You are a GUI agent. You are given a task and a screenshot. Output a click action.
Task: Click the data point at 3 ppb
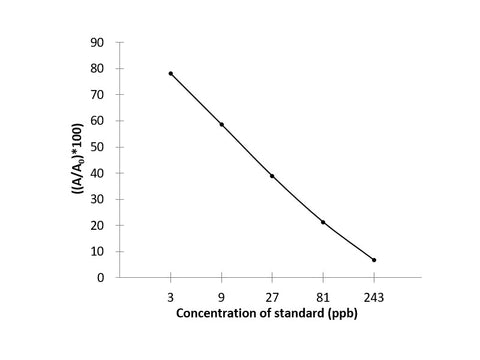(171, 73)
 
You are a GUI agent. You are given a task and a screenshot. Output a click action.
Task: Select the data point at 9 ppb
(221, 124)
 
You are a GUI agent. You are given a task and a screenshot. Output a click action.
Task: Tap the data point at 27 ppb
(272, 176)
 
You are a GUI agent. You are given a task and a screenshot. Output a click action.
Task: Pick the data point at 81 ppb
(323, 222)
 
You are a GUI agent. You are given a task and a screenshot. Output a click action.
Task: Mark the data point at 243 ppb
(374, 260)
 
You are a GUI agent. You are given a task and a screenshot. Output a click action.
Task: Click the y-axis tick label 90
(98, 43)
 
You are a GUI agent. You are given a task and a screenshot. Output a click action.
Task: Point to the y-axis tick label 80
(98, 69)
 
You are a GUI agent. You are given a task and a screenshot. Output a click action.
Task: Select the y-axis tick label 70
(98, 95)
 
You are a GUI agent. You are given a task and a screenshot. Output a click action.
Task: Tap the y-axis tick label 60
(98, 121)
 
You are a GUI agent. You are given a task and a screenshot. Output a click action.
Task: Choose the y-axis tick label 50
(98, 147)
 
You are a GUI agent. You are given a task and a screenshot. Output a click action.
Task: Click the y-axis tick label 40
(98, 173)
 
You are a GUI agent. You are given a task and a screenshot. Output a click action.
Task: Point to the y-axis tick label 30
(98, 199)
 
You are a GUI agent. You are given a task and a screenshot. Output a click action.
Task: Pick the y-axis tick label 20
(98, 225)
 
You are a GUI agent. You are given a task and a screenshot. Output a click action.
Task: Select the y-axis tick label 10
(98, 251)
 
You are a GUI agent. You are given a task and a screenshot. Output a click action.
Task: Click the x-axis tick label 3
(171, 296)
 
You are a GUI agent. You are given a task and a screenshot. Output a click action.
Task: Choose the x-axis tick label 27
(272, 296)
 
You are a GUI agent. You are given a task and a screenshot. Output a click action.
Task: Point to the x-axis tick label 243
(374, 296)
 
